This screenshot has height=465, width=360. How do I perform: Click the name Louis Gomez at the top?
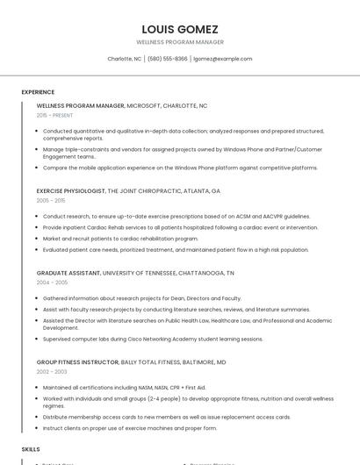[x=179, y=29]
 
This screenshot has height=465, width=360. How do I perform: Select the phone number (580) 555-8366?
[x=167, y=59]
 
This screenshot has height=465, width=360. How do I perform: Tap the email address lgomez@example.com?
[x=222, y=59]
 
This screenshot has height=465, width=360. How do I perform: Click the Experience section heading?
[x=38, y=92]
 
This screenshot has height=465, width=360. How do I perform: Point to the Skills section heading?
[x=31, y=448]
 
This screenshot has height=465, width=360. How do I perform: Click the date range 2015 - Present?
[x=54, y=115]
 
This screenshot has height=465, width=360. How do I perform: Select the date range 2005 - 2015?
[x=51, y=200]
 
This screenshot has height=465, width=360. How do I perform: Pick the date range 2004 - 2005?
[x=52, y=283]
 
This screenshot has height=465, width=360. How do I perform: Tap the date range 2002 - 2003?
[x=52, y=371]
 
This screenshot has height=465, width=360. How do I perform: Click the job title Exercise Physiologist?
[x=70, y=190]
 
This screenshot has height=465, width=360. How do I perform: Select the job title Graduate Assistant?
[x=68, y=273]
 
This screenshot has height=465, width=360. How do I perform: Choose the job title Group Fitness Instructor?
[x=76, y=361]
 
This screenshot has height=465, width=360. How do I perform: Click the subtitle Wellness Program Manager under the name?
[x=179, y=42]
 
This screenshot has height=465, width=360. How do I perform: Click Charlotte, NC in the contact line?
[x=124, y=59]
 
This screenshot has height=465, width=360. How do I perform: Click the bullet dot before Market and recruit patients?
[x=38, y=238]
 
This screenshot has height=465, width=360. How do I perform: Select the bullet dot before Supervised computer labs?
[x=38, y=339]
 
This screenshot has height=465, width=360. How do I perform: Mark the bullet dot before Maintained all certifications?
[x=38, y=387]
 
